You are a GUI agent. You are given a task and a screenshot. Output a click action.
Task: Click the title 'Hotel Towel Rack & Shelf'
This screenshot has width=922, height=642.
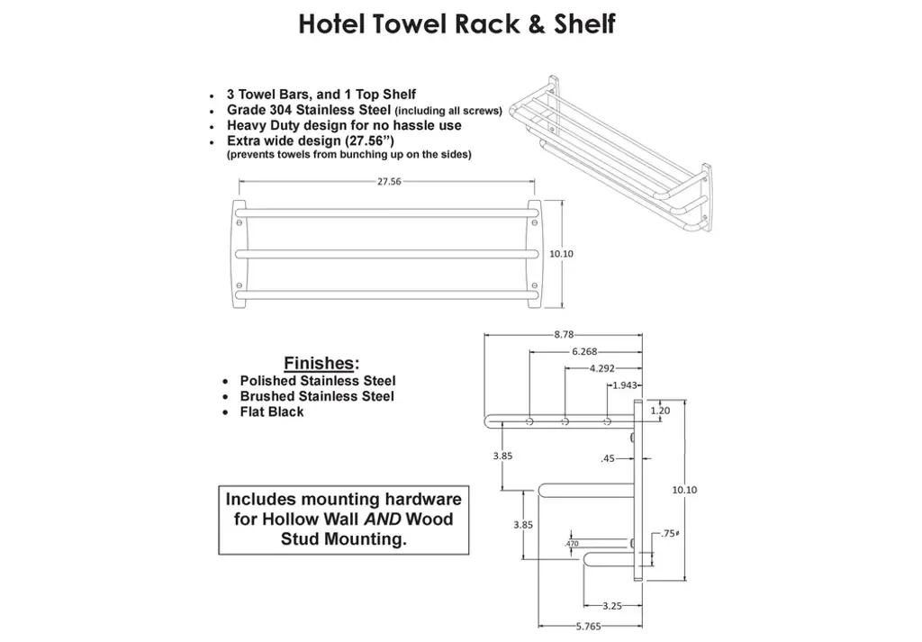(456, 24)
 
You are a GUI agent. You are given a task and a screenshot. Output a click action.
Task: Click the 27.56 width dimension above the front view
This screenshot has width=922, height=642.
(389, 181)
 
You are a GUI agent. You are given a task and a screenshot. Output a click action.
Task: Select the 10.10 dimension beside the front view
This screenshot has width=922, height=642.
(561, 254)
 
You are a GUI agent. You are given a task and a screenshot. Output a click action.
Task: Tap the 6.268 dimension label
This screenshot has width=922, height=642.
(583, 352)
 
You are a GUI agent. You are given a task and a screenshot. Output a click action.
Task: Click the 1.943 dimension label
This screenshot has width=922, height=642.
(625, 385)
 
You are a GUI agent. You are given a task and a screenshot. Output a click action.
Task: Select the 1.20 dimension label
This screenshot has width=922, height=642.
(660, 410)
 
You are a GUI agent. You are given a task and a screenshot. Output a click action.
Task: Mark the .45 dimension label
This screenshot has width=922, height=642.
(607, 458)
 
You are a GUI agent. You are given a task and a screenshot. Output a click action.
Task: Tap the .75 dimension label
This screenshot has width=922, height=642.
(667, 534)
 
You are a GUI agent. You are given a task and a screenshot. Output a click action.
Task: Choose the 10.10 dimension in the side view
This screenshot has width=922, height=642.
(684, 490)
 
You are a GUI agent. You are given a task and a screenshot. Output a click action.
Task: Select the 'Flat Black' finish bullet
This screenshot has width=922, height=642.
(272, 411)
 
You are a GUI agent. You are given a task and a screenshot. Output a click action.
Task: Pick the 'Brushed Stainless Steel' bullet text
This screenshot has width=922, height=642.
(317, 396)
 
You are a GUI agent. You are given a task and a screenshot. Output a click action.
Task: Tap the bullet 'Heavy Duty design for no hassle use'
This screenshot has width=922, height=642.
(344, 126)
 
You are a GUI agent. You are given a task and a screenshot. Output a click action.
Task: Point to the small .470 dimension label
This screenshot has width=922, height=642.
(572, 544)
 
